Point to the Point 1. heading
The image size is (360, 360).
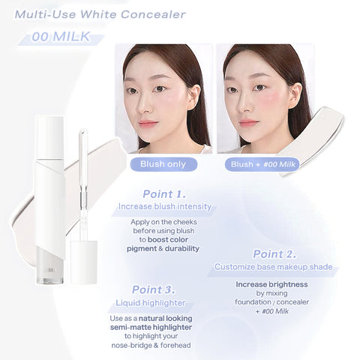pos(163,193)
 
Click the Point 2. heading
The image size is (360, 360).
pos(274,253)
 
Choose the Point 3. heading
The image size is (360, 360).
pos(153,289)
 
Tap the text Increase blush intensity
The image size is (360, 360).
pos(164,206)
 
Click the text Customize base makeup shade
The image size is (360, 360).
pos(273,266)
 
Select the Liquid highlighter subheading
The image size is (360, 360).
pos(153,302)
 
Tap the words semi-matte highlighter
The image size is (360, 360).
pos(153,328)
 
